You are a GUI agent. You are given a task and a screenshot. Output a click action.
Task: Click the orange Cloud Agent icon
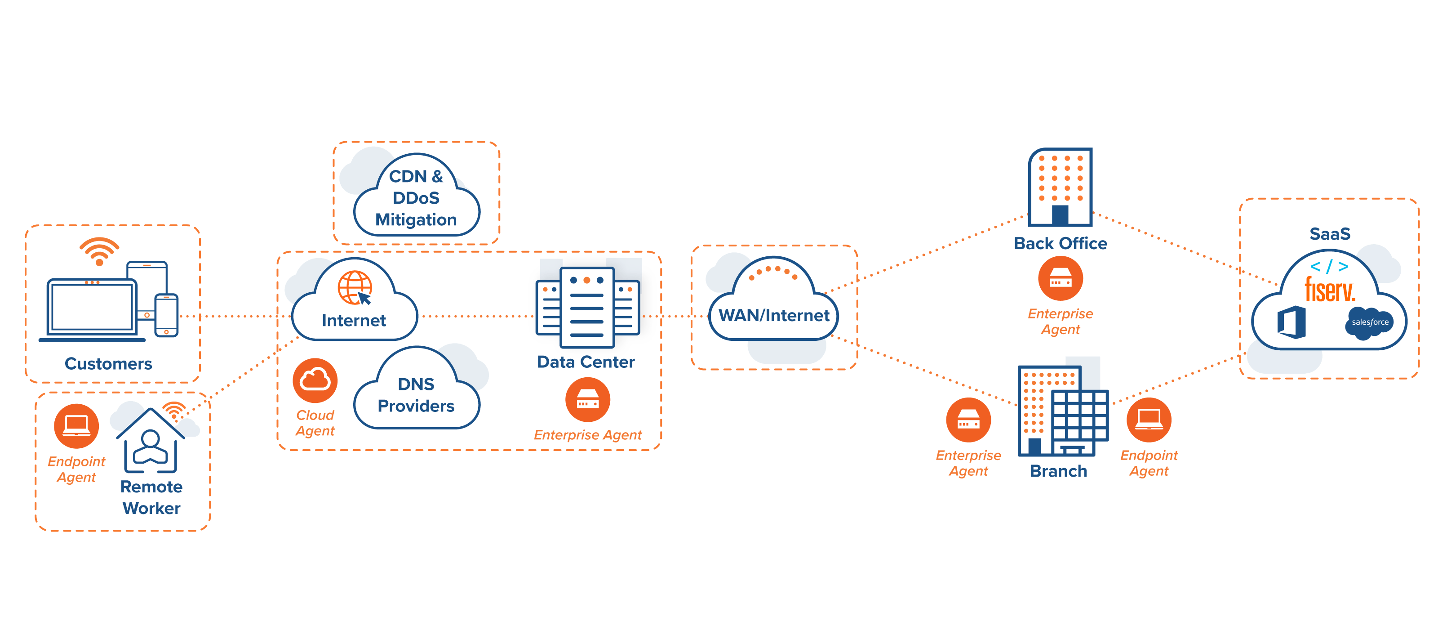(315, 380)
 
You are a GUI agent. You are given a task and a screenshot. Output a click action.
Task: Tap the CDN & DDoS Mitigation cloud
(416, 198)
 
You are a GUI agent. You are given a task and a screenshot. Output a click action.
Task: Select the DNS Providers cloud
(416, 395)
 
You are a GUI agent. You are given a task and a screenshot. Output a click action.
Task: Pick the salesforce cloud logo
(1369, 322)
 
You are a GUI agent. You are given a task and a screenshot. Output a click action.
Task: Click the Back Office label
(1060, 244)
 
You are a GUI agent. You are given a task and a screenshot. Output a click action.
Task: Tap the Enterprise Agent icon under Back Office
(1060, 279)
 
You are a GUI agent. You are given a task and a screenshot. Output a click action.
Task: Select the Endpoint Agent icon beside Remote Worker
(76, 425)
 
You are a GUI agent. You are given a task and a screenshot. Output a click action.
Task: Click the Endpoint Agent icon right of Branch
(1149, 420)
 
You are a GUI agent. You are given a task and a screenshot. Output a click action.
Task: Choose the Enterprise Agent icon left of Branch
(968, 420)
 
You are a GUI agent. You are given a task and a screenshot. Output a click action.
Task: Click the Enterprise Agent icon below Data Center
(587, 399)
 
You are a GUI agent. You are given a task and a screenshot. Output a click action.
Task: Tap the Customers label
(108, 364)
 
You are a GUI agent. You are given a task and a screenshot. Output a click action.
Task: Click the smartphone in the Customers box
(166, 316)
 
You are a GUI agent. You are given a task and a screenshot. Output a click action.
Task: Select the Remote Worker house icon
(150, 441)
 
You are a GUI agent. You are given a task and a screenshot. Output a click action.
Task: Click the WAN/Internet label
(774, 316)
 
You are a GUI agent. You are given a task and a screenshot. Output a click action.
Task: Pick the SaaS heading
(1330, 233)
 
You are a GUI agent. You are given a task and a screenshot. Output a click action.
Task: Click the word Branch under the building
(1058, 471)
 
